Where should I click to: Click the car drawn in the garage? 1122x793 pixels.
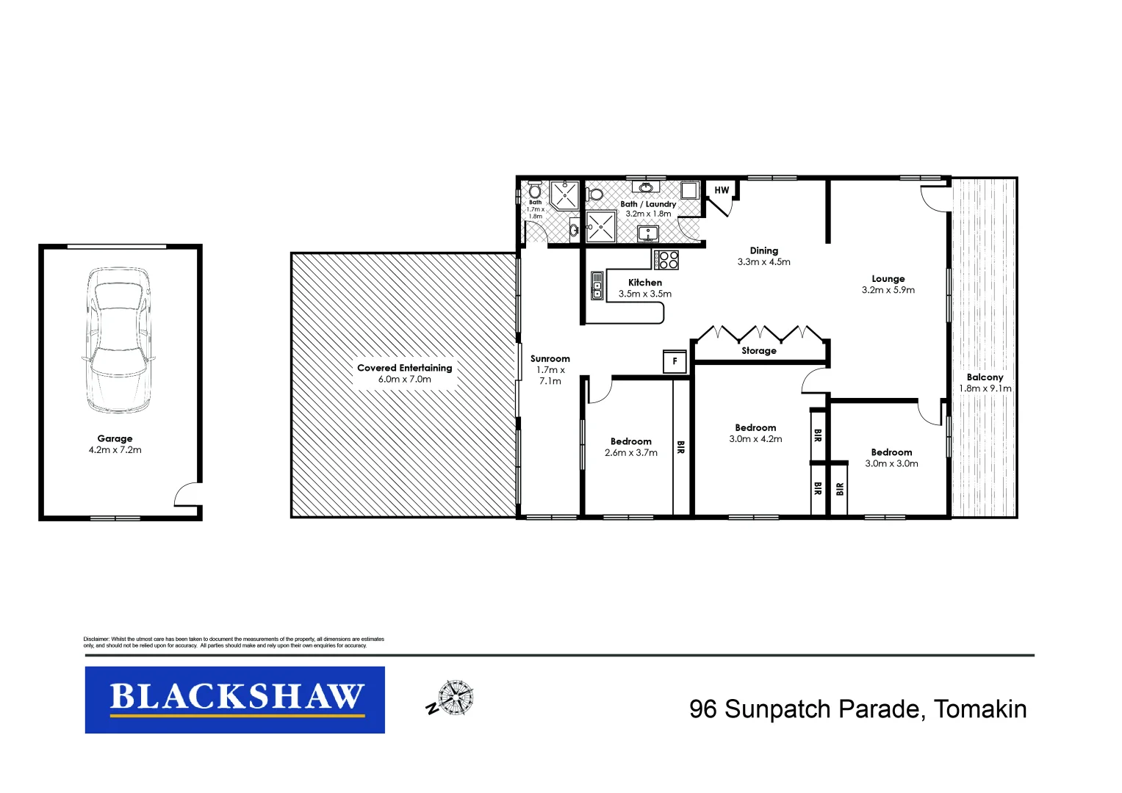[118, 340]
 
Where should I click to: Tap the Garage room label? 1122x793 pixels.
[115, 438]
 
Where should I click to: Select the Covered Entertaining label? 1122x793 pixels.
[404, 368]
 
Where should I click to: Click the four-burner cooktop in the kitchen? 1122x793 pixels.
[666, 259]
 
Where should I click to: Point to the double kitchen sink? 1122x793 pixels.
[597, 286]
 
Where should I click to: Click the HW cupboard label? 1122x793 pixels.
[722, 190]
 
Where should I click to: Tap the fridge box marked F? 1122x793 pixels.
[675, 361]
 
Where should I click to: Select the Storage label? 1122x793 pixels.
[758, 351]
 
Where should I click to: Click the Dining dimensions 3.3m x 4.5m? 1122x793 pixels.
[763, 262]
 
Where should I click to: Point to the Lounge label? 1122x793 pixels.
[888, 279]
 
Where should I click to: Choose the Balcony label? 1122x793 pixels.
[985, 377]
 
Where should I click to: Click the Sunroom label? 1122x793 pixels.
[550, 359]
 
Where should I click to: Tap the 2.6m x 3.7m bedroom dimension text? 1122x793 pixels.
[630, 453]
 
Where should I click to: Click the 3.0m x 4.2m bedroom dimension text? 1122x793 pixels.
[755, 439]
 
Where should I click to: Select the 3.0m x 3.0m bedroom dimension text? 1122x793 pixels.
[891, 464]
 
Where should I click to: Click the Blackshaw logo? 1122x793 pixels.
[235, 699]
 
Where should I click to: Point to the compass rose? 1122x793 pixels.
[455, 698]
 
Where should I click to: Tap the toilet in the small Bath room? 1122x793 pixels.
[535, 192]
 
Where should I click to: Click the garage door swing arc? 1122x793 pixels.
[187, 493]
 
